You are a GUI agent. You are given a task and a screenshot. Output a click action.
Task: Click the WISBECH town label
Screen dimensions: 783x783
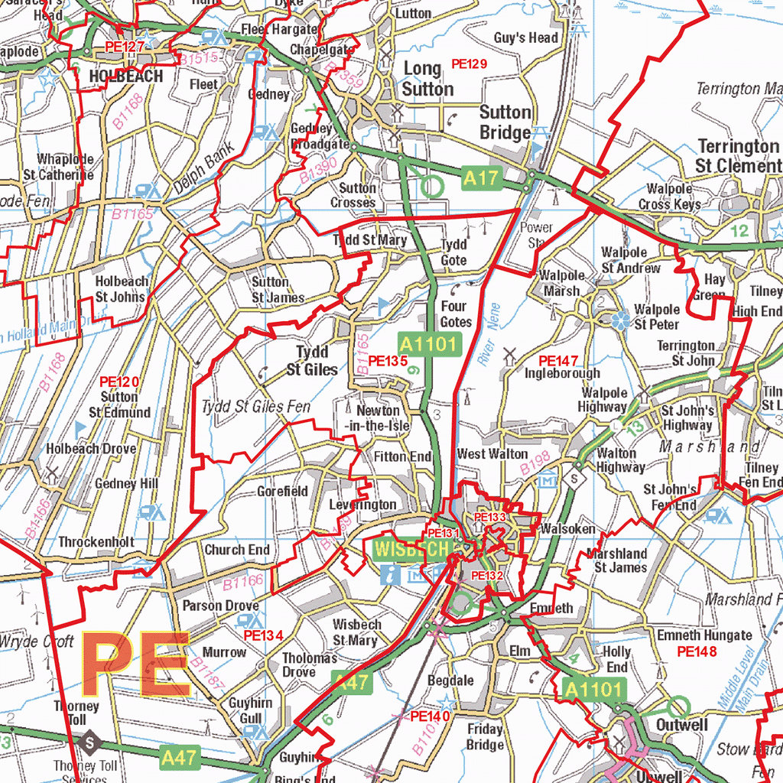411,549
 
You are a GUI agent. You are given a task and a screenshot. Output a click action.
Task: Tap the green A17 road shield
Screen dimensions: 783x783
480,179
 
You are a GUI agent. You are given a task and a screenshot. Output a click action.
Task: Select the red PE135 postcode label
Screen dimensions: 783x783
388,361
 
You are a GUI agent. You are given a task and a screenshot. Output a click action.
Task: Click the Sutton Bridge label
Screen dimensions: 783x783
505,122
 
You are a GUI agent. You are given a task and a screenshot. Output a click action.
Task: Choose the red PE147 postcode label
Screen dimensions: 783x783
558,360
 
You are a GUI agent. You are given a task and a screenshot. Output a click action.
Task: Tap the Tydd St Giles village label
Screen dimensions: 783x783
312,361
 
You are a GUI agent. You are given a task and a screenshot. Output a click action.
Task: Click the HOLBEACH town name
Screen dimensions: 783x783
126,76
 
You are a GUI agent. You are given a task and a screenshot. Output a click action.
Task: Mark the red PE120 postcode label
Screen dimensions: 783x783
119,381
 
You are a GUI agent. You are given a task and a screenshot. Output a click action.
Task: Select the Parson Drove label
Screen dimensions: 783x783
220,606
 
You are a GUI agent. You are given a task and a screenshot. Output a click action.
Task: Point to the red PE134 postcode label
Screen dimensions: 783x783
263,635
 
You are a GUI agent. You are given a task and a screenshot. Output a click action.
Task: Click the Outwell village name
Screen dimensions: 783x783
682,724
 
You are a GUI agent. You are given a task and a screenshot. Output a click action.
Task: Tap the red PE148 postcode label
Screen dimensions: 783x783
697,651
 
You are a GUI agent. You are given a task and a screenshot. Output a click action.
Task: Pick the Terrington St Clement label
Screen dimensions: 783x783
737,155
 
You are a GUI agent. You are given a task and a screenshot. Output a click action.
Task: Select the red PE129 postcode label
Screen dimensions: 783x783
469,64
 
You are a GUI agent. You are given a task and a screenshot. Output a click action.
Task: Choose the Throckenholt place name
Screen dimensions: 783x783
96,542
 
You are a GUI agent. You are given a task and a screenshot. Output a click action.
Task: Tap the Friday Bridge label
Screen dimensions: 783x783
485,737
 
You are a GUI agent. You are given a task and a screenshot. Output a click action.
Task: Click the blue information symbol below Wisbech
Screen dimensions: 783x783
390,575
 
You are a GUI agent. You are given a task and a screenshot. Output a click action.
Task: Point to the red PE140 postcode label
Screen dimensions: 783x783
430,716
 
